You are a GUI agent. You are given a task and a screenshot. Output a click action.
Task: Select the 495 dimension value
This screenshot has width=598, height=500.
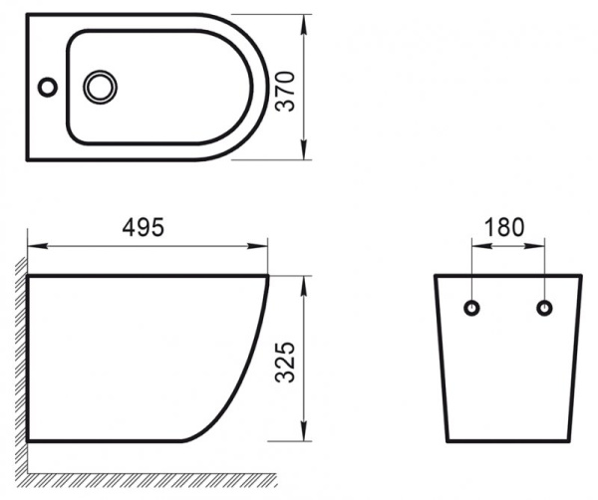coord(145,227)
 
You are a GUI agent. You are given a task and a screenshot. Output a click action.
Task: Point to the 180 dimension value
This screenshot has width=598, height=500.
coord(506,227)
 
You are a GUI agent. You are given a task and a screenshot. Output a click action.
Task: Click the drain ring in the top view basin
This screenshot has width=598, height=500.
coord(100,87)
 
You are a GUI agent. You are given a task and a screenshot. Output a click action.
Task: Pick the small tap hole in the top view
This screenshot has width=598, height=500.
coord(47,87)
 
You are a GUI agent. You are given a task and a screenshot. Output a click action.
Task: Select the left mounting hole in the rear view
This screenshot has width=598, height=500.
coord(471,307)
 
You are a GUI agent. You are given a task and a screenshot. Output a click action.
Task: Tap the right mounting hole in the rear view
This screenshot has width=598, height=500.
coord(544,307)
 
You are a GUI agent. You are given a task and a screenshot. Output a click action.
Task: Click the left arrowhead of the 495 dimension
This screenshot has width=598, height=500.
coord(33,244)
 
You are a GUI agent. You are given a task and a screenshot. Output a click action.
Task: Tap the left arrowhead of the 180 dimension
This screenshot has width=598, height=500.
coord(476,244)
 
